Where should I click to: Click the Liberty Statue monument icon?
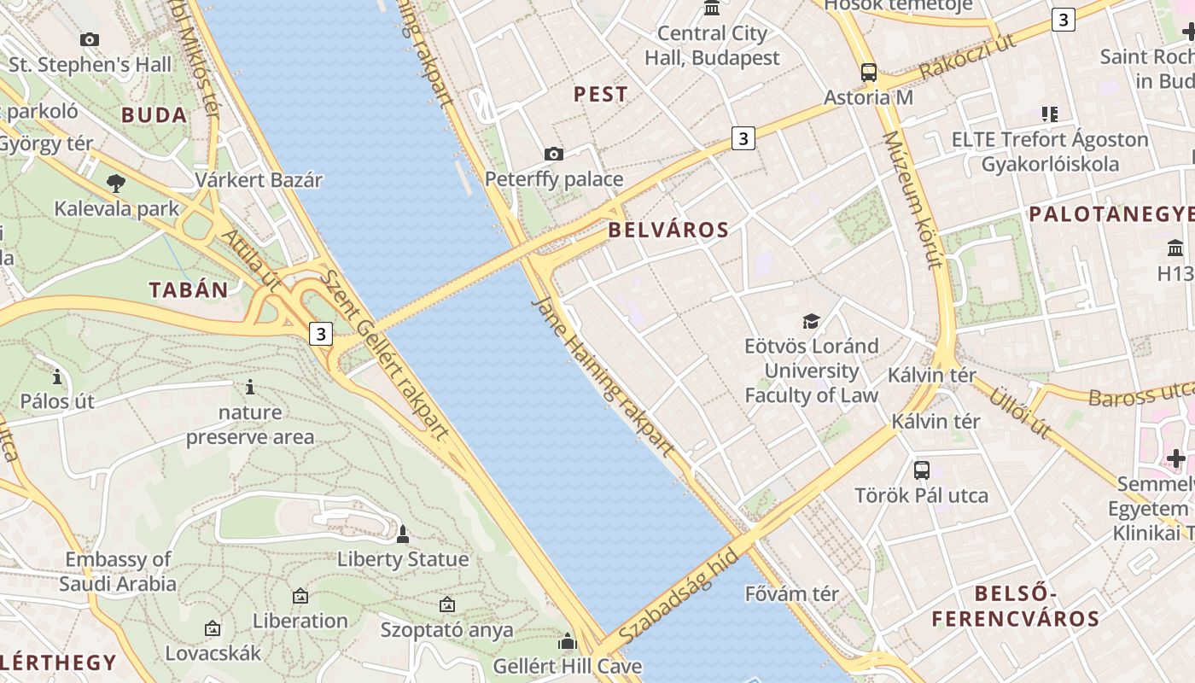(403, 535)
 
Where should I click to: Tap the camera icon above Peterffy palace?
(554, 155)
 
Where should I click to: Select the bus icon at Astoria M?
(868, 73)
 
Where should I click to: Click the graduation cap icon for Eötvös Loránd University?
(810, 321)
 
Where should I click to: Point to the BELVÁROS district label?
(668, 230)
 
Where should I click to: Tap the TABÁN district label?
(189, 289)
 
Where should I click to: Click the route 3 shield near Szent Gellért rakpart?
(320, 334)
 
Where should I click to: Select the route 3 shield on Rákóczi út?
(1063, 20)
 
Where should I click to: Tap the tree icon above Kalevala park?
(115, 183)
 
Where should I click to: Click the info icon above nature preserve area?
(249, 388)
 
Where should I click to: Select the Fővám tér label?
(791, 593)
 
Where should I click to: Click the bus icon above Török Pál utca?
(921, 470)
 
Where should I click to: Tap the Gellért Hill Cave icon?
(568, 641)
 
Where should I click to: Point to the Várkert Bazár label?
(259, 180)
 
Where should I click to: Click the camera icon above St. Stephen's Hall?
(89, 39)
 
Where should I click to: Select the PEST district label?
(600, 94)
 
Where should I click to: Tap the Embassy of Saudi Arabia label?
(118, 572)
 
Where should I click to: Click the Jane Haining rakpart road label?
(603, 377)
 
